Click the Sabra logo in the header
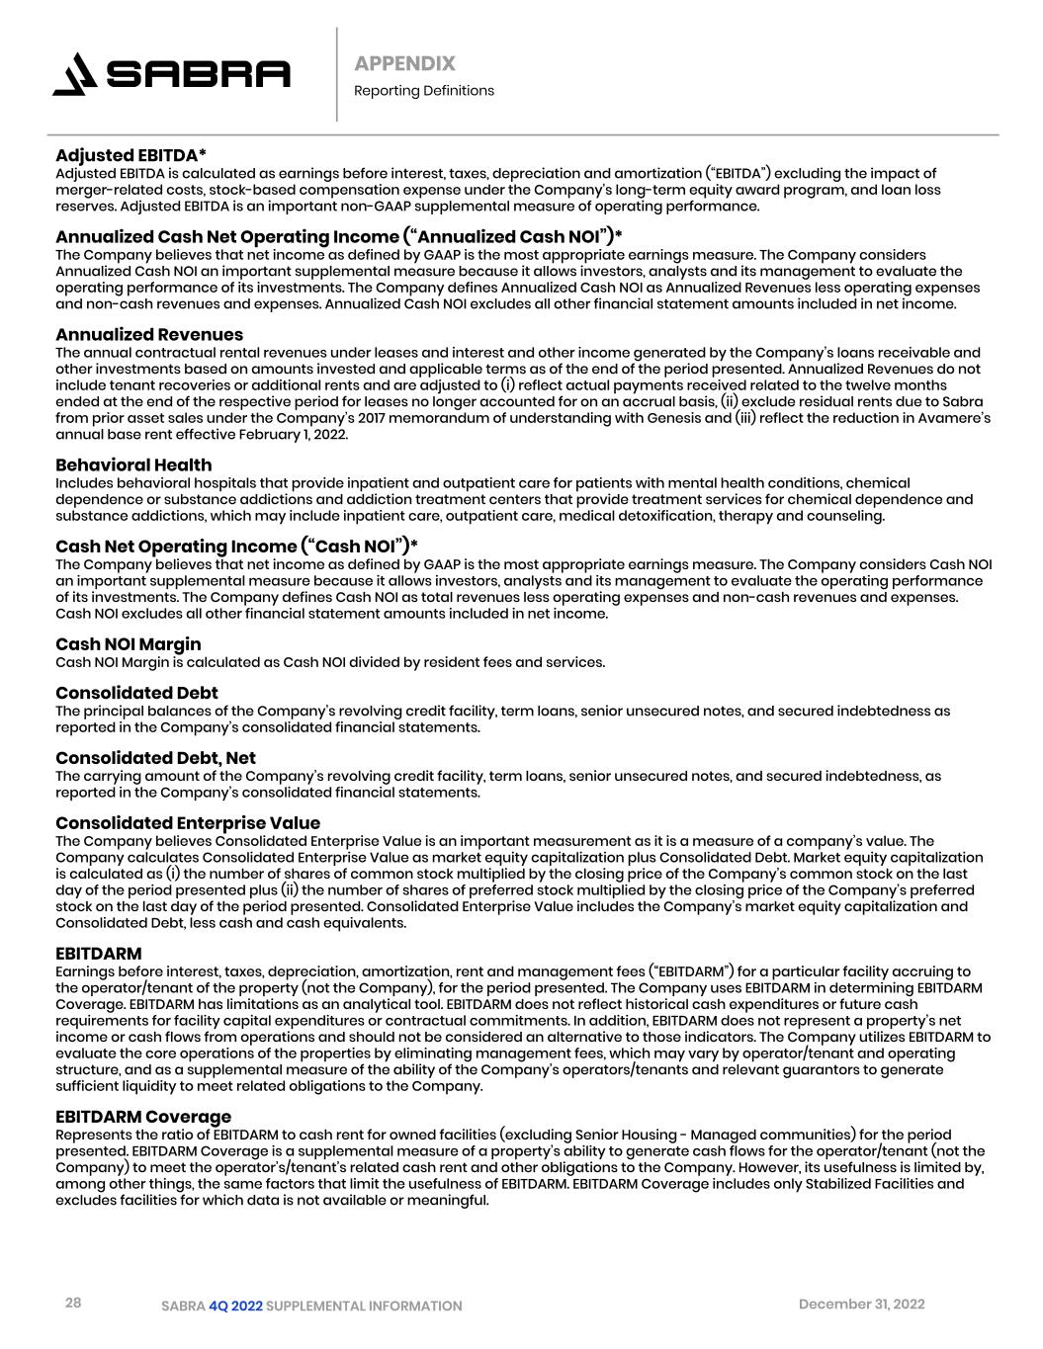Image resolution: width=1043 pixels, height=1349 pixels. (x=171, y=74)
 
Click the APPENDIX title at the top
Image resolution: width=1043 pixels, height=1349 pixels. (x=404, y=63)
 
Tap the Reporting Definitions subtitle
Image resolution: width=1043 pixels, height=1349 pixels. (x=423, y=91)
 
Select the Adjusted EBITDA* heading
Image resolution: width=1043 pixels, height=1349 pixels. (x=130, y=155)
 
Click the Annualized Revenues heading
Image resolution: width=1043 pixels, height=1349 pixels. (x=148, y=334)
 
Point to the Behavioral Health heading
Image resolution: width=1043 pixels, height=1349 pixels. (x=133, y=464)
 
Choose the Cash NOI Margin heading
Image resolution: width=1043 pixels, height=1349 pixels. (x=128, y=644)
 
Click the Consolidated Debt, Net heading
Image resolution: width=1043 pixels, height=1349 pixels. (x=155, y=758)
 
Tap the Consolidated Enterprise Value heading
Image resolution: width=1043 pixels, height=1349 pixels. (x=188, y=823)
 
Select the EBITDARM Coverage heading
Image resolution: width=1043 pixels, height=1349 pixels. (x=143, y=1117)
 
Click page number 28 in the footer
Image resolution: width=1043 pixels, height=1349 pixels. (x=73, y=1303)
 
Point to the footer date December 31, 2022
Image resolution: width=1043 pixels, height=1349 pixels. (x=861, y=1305)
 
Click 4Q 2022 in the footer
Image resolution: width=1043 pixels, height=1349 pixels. (x=235, y=1307)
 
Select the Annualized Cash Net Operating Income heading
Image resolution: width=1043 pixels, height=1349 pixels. (x=339, y=236)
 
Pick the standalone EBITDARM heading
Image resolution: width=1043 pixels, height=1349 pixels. (x=98, y=954)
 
